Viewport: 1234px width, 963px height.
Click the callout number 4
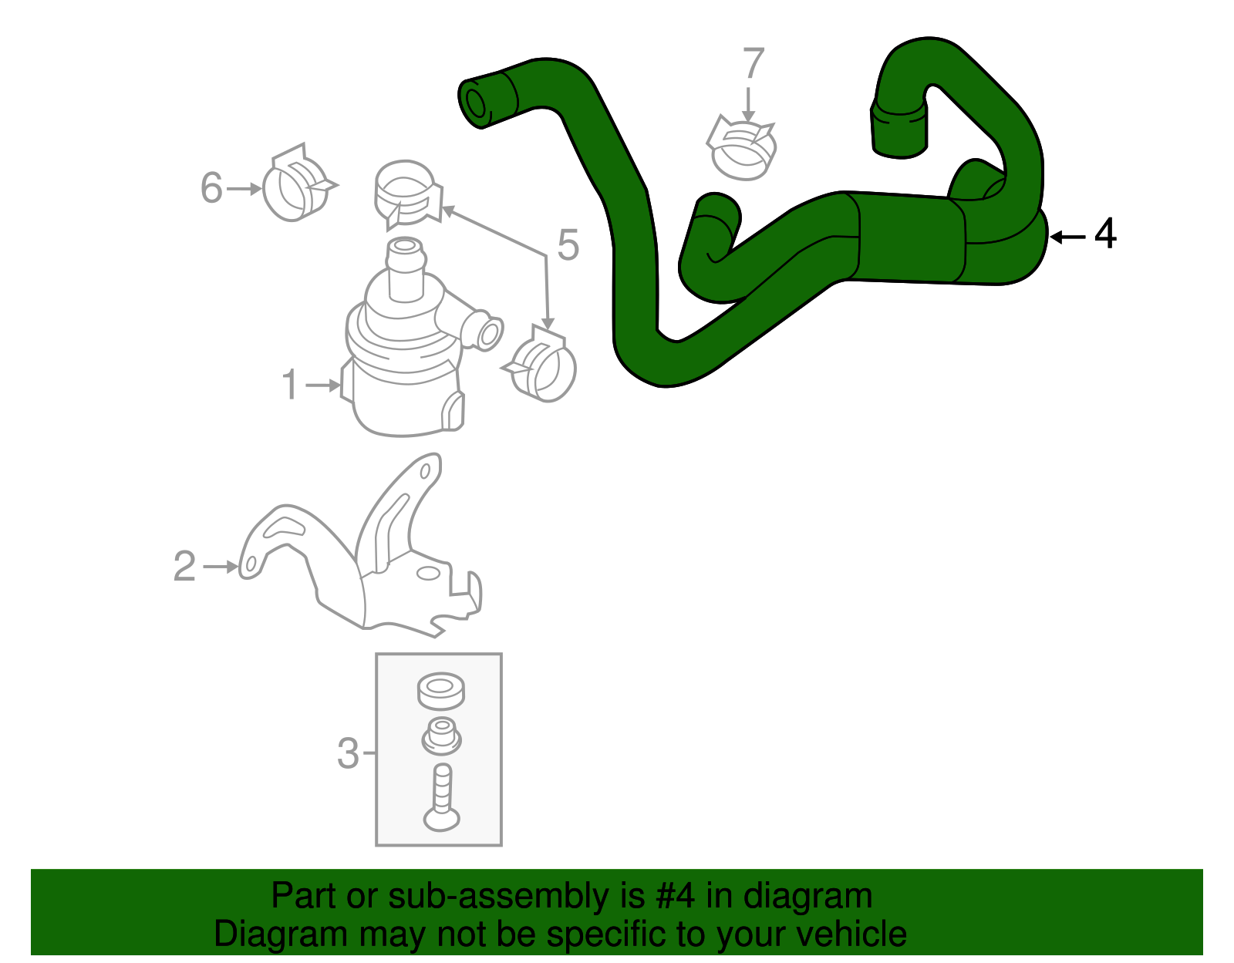1106,234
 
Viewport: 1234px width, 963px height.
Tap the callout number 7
753,64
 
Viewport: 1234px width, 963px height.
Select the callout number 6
211,188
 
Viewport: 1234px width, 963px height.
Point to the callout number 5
568,246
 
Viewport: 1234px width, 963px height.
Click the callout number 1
290,385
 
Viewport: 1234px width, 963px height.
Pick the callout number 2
184,567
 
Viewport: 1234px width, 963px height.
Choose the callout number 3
349,753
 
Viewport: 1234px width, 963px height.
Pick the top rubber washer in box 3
441,689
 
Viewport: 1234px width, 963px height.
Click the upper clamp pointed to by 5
406,193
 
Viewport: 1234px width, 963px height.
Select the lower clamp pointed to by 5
543,365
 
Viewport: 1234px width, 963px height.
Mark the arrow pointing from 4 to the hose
1069,237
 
